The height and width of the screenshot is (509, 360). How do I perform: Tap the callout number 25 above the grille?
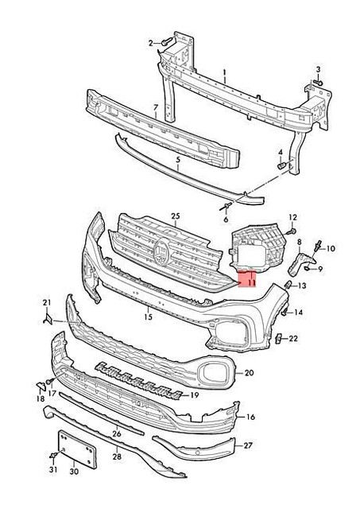(x=176, y=216)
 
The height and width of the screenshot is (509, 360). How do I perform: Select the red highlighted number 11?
(x=249, y=280)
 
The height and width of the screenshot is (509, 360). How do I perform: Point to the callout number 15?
(x=147, y=317)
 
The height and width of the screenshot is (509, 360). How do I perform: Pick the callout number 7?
(x=156, y=107)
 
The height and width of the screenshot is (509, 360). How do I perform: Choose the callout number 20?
(x=249, y=372)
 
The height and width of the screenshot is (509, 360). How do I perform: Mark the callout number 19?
(x=192, y=394)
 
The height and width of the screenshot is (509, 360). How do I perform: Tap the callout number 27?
(x=248, y=445)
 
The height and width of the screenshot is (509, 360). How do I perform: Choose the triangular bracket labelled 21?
(x=48, y=318)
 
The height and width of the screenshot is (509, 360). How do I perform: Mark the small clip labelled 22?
(x=282, y=339)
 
